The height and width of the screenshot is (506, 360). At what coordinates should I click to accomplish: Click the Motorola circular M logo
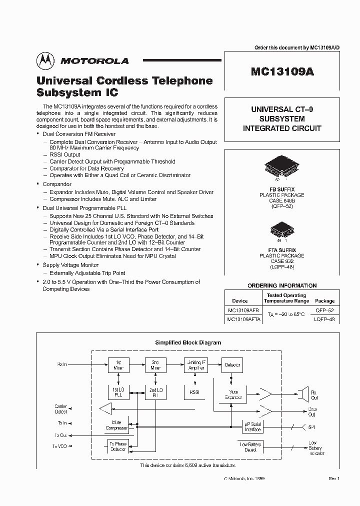pyautogui.click(x=45, y=60)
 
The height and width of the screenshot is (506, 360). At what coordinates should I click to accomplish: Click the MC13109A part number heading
pyautogui.click(x=282, y=71)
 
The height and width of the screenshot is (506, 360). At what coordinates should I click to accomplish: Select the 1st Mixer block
pyautogui.click(x=118, y=364)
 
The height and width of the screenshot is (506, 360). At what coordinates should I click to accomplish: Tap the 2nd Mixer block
pyautogui.click(x=154, y=364)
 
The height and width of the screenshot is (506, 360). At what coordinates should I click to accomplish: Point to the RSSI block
pyautogui.click(x=194, y=392)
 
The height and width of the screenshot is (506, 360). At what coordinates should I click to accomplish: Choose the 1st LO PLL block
pyautogui.click(x=118, y=392)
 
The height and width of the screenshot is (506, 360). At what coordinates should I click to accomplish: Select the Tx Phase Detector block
pyautogui.click(x=118, y=446)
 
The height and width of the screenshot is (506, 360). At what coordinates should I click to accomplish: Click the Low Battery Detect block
pyautogui.click(x=250, y=446)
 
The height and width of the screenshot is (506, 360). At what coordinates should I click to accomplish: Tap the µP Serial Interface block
pyautogui.click(x=252, y=426)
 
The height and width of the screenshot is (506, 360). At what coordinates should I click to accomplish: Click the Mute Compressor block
pyautogui.click(x=116, y=425)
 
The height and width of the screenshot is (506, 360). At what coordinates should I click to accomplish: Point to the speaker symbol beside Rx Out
pyautogui.click(x=302, y=394)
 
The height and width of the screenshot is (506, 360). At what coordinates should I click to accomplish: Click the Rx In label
pyautogui.click(x=62, y=364)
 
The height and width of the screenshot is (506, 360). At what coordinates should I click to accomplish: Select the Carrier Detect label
pyautogui.click(x=60, y=409)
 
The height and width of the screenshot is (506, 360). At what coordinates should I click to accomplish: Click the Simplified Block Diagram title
pyautogui.click(x=188, y=342)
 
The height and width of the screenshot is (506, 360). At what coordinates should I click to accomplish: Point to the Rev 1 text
pyautogui.click(x=334, y=478)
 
